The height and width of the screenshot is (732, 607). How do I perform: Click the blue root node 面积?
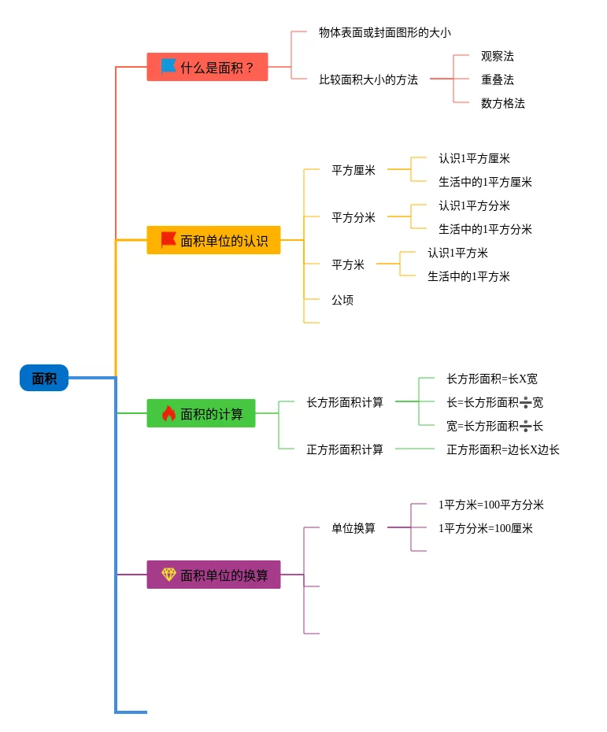click(44, 378)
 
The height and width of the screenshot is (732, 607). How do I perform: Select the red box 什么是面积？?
click(207, 67)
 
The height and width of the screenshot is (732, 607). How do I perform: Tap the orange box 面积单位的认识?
click(213, 240)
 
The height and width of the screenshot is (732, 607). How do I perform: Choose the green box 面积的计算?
click(201, 413)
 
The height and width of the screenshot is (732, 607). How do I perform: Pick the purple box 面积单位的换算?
click(213, 575)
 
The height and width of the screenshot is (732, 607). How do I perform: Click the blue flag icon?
click(168, 67)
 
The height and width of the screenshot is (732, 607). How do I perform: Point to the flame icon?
click(168, 413)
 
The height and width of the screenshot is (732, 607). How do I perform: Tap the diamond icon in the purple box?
click(168, 575)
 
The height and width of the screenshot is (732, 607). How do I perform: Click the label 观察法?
click(498, 56)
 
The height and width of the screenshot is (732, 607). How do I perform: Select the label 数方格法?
click(503, 103)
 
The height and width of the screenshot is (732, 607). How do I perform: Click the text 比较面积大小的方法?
click(368, 79)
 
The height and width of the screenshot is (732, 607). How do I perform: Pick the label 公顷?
click(342, 300)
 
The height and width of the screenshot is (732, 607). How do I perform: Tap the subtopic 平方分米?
click(353, 217)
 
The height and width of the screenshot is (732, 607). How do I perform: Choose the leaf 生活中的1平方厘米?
click(485, 182)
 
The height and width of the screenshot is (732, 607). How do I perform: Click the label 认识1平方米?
click(457, 253)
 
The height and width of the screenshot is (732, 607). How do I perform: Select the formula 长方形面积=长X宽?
click(492, 379)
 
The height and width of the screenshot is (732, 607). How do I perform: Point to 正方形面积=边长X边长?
click(503, 449)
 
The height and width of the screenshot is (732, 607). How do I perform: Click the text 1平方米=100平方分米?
click(491, 505)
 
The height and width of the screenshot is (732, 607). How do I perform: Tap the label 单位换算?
click(353, 528)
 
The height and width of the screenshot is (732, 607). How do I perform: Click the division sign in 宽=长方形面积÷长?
click(525, 426)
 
